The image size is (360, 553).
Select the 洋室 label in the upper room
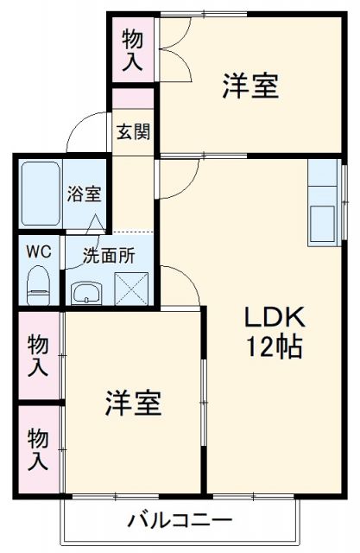click(250, 87)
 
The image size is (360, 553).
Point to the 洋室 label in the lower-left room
click(134, 403)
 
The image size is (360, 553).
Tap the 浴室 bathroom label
click(84, 194)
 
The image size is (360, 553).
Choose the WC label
click(38, 251)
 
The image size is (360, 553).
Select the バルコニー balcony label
click(180, 520)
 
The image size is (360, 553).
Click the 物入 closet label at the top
click(132, 49)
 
